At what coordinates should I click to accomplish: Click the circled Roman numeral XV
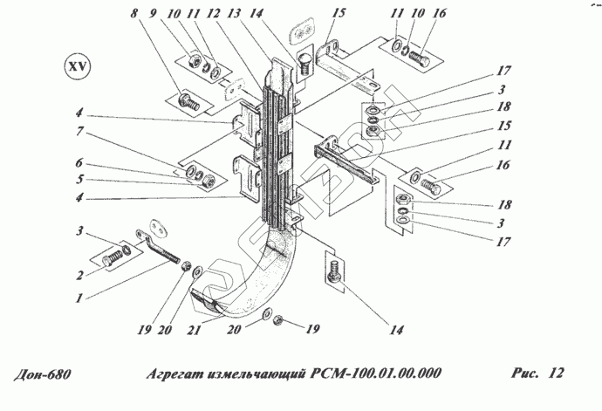click(x=77, y=66)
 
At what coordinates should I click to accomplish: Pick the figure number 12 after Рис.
click(x=556, y=374)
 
